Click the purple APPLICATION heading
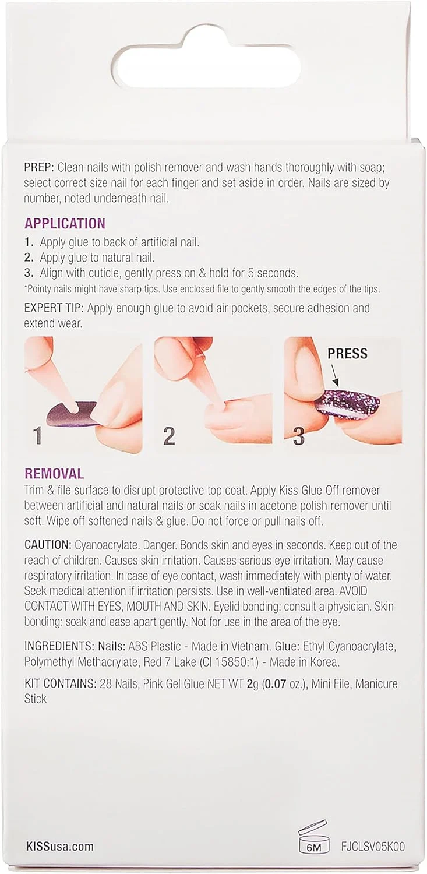[65, 223]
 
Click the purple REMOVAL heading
[54, 474]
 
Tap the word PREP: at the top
[39, 168]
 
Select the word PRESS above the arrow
[347, 354]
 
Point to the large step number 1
[37, 436]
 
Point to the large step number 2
[169, 436]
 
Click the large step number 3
[298, 436]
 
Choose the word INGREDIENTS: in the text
[58, 647]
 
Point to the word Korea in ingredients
[323, 662]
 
